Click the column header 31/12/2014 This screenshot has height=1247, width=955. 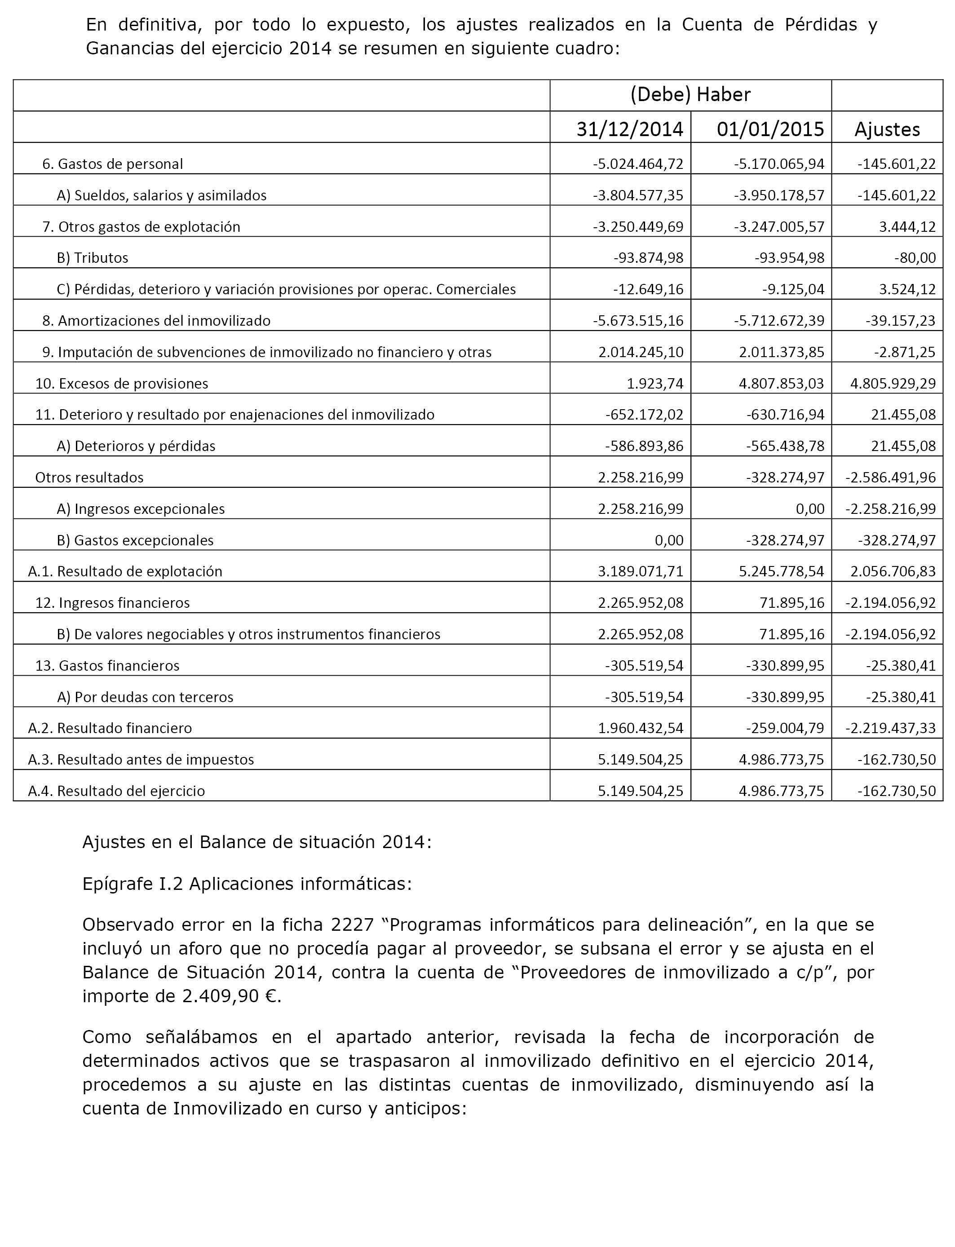629,129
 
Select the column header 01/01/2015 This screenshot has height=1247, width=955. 770,129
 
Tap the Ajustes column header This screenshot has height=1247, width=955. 887,129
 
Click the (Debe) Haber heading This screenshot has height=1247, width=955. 690,94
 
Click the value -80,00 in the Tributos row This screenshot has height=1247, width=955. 915,258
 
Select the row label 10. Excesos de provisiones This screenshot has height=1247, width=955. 122,384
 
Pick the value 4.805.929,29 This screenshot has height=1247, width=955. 893,384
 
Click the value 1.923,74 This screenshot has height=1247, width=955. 655,384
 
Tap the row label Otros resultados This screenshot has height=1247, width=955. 89,478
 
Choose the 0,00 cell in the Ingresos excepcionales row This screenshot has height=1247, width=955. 810,509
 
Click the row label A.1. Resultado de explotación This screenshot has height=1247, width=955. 125,571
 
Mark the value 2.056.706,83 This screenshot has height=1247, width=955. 893,571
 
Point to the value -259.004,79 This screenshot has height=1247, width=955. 785,728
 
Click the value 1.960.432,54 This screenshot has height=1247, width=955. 641,728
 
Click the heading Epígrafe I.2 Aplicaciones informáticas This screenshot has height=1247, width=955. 247,884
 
